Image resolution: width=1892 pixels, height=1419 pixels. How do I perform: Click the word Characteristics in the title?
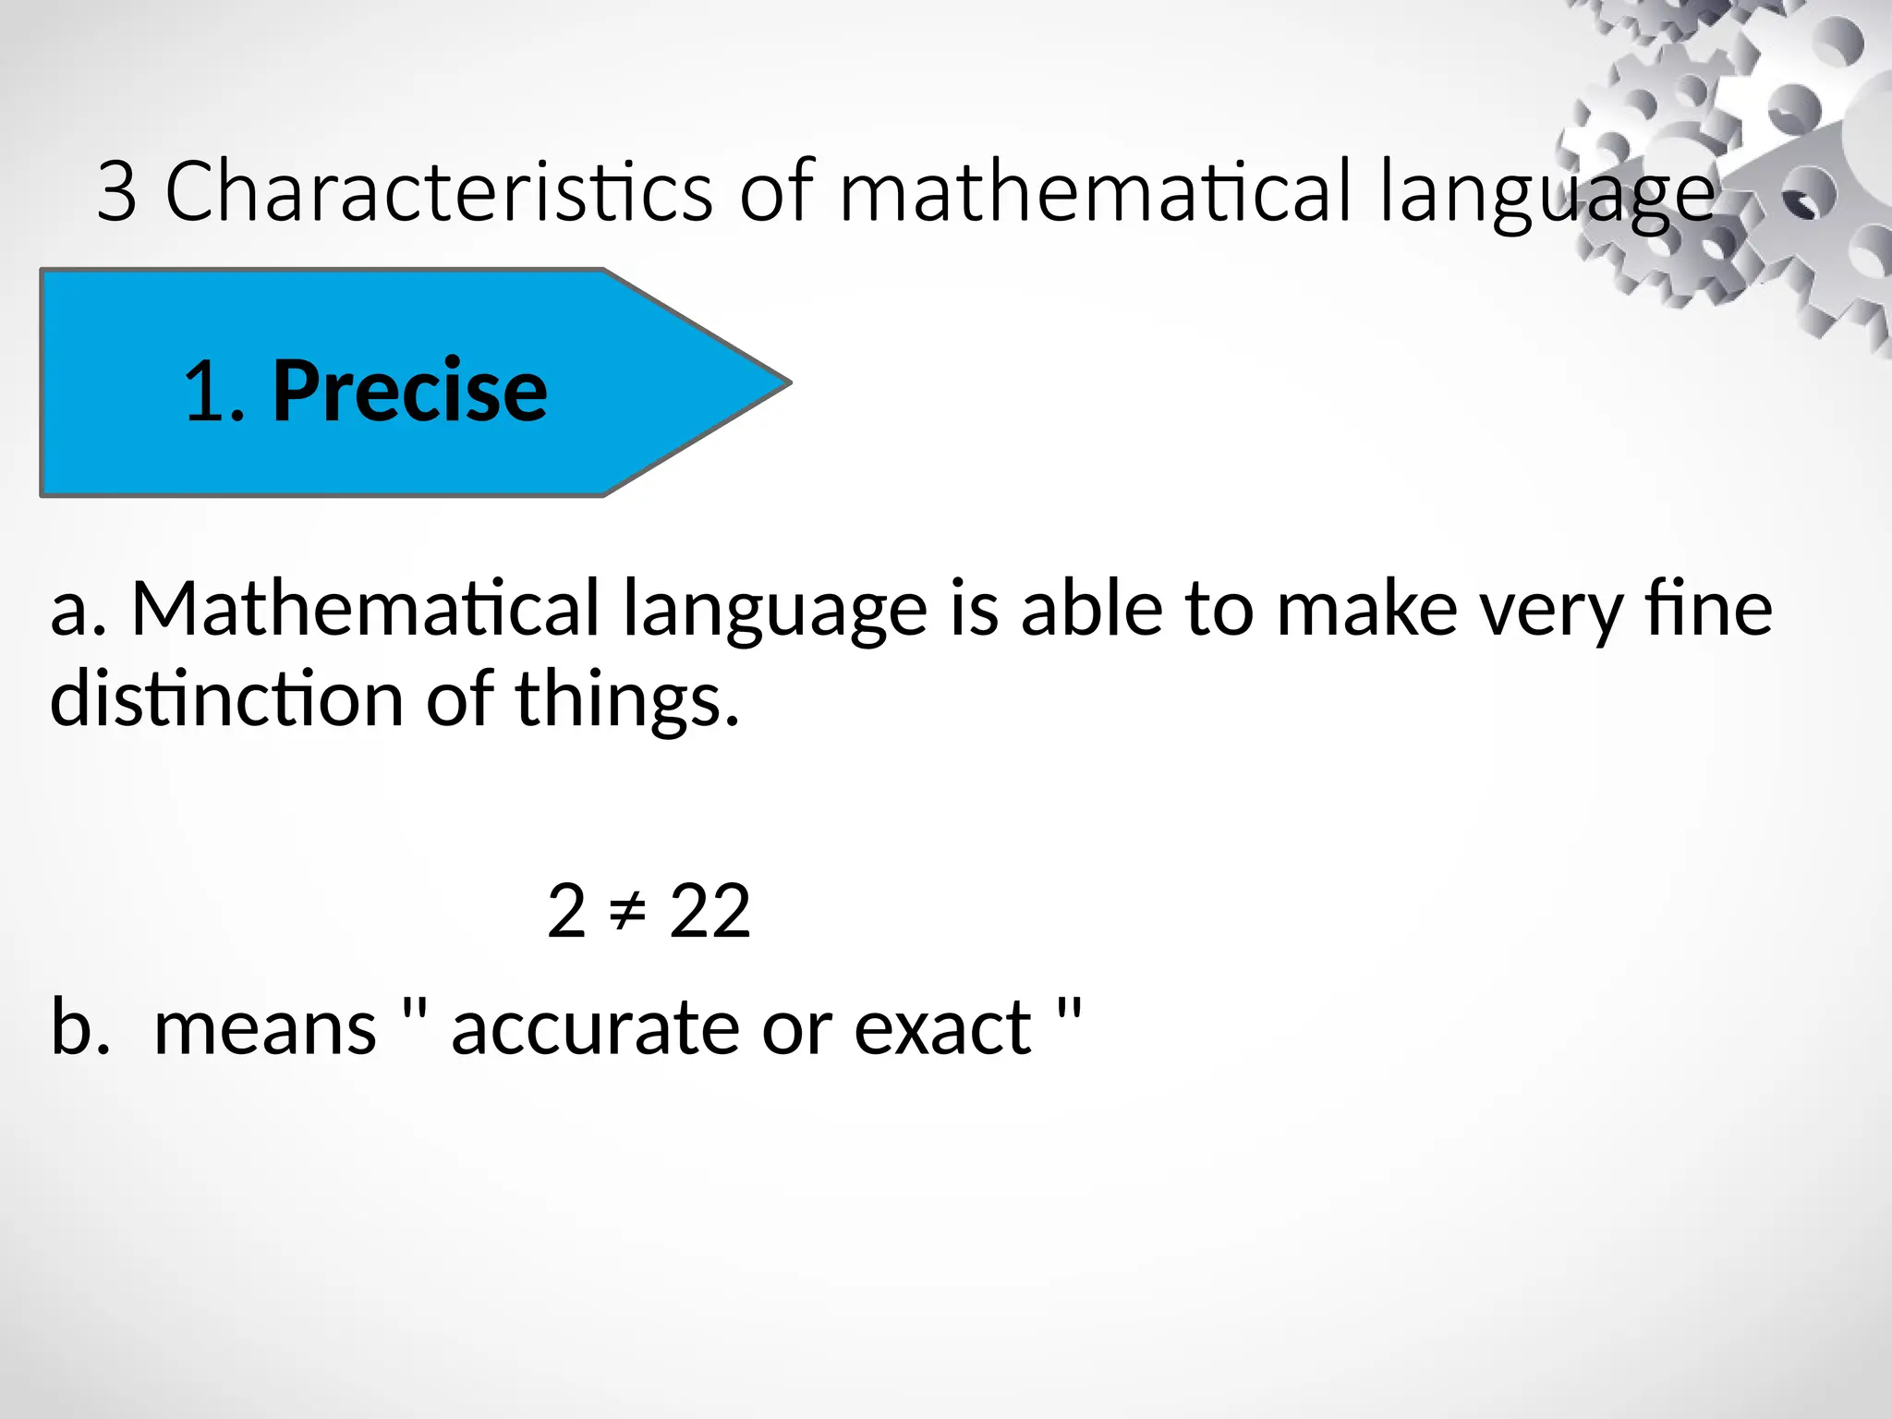(438, 191)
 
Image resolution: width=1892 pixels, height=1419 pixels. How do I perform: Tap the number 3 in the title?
(117, 191)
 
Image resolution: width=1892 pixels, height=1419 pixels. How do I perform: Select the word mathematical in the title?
(1096, 191)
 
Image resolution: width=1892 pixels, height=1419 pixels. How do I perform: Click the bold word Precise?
(409, 391)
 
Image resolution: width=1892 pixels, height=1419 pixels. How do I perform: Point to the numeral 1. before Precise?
(214, 393)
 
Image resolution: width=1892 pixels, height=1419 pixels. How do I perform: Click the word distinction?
(227, 699)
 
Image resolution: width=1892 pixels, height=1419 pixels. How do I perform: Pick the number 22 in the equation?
(709, 912)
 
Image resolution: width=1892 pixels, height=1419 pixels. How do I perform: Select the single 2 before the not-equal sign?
(566, 912)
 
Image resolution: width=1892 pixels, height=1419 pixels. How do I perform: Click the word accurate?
(596, 1028)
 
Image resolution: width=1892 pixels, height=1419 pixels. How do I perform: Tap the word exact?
(942, 1028)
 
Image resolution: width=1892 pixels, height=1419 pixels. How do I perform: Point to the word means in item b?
(265, 1028)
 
